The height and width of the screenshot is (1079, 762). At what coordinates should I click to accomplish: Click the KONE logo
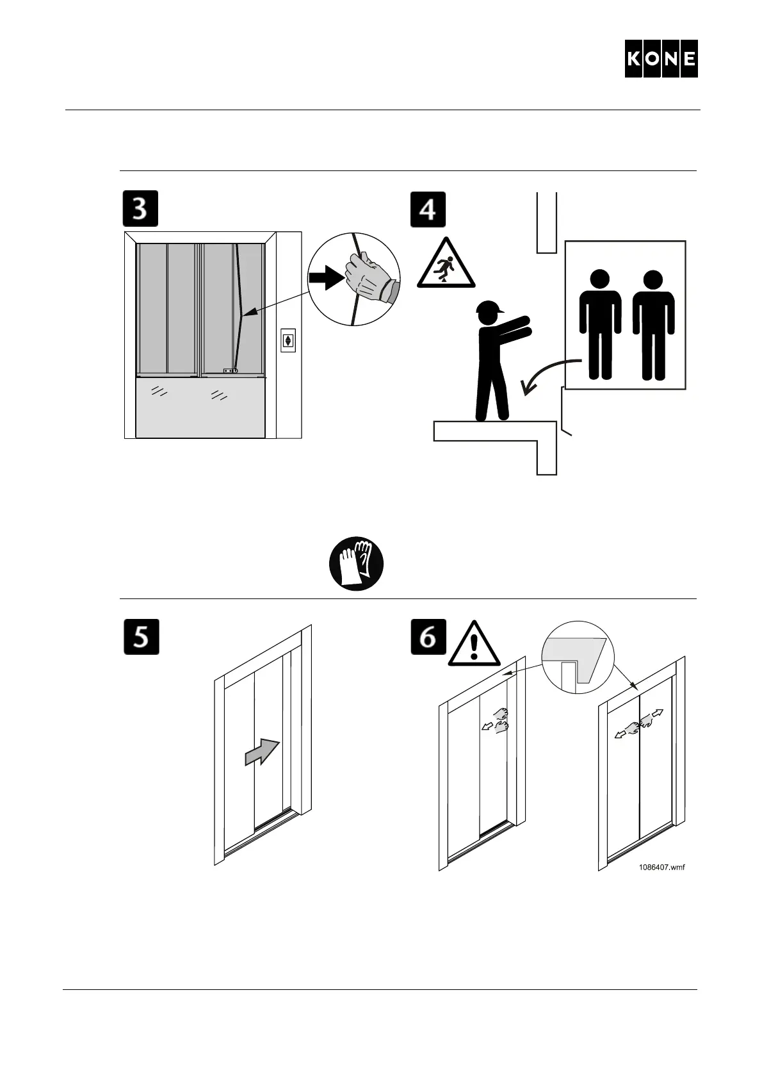661,59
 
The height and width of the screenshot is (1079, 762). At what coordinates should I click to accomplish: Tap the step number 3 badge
140,209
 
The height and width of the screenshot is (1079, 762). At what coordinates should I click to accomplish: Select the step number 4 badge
428,209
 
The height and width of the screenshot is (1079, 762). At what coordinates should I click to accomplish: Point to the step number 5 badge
140,637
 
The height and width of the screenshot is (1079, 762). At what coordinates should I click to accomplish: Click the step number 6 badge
428,637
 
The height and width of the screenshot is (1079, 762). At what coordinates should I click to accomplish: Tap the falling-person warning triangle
446,263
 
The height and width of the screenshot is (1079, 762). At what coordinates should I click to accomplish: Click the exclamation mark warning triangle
474,644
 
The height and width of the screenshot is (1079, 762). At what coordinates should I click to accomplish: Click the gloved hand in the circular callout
368,279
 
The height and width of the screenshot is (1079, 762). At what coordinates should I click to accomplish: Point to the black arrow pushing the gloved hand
325,279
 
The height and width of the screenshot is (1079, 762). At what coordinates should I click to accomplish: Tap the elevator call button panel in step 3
288,340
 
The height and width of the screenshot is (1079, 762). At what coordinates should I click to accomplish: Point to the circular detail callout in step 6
577,657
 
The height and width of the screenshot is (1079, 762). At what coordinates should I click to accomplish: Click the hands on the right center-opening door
639,724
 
